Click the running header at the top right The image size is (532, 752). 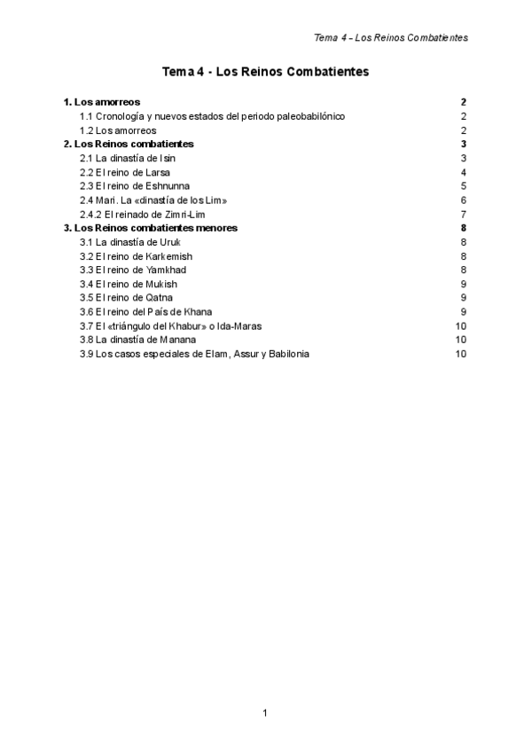391,37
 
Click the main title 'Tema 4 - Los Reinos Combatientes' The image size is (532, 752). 265,71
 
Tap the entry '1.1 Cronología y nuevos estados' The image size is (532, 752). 212,116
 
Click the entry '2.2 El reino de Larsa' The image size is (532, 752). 125,172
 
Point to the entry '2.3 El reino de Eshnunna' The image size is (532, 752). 136,186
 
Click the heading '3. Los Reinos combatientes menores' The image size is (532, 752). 151,228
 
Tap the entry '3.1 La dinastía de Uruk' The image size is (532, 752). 131,242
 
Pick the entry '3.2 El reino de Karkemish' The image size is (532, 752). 137,255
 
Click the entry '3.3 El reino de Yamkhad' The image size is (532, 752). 133,270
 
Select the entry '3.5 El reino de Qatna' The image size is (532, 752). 127,298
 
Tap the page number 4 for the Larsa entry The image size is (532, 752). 464,172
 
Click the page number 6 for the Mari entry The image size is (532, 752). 464,200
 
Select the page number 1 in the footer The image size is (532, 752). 265,712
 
